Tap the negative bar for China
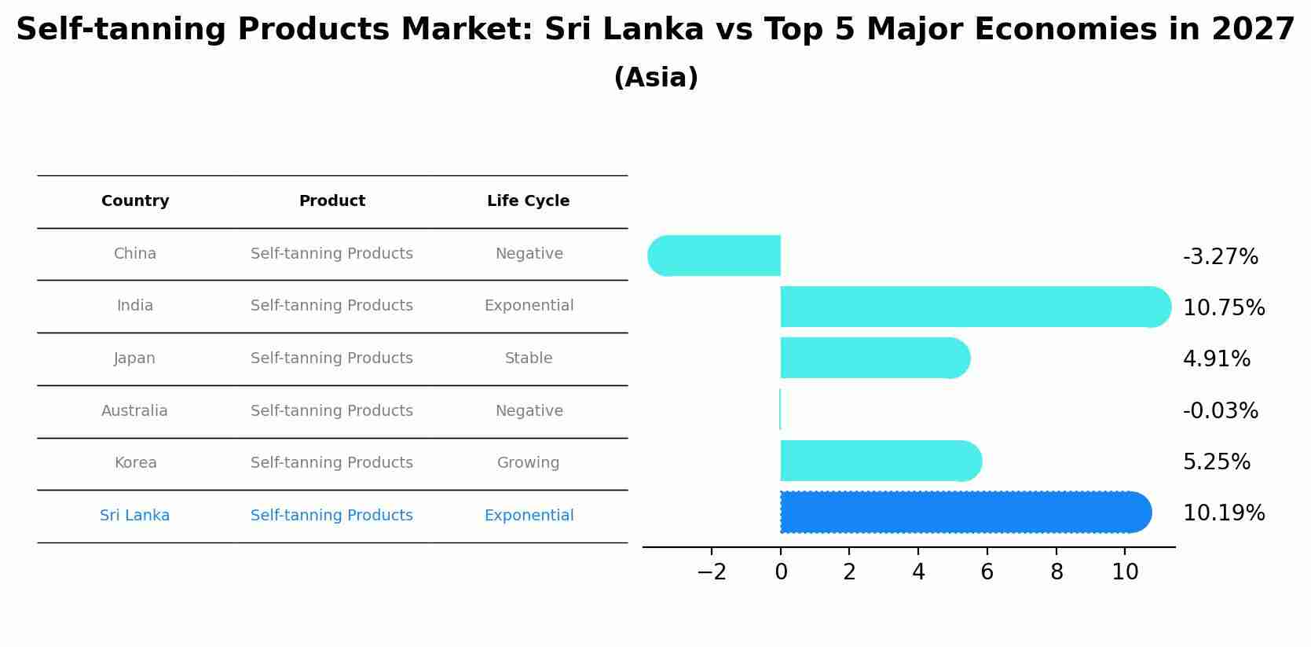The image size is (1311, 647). pos(715,255)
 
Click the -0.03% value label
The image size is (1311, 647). pos(1220,410)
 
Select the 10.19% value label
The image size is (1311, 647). pos(1223,513)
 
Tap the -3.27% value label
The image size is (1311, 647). pos(1220,257)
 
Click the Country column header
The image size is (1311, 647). pos(135,201)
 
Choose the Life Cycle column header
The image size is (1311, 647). pos(528,201)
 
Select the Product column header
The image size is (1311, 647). pos(331,201)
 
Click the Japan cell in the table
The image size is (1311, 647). pos(134,358)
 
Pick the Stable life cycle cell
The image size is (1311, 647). pos(528,358)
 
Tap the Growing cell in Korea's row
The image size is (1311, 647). pos(528,463)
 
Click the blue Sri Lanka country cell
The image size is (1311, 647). pos(134,516)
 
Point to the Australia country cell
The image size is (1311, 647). pos(134,411)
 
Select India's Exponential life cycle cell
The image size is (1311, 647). pos(529,306)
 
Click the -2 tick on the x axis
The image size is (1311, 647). pos(712,572)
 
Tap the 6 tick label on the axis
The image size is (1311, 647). pos(987,572)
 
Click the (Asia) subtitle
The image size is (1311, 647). pos(655,78)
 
